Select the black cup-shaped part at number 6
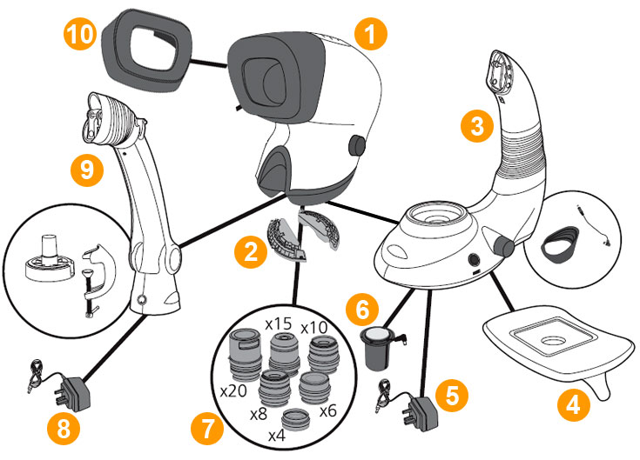point(375,348)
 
